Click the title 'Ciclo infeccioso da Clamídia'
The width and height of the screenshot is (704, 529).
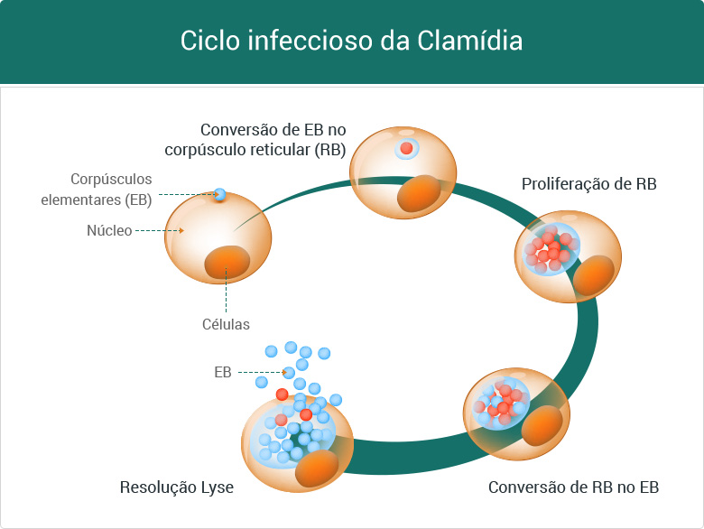pyautogui.click(x=351, y=42)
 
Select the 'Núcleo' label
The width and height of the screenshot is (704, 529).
pyautogui.click(x=108, y=230)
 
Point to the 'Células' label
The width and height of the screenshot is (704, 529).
pyautogui.click(x=227, y=324)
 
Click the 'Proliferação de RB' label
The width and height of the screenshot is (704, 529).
pyautogui.click(x=588, y=184)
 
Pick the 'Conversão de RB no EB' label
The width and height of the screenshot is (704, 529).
pyautogui.click(x=573, y=487)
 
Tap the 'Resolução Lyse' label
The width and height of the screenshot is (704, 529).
pyautogui.click(x=177, y=487)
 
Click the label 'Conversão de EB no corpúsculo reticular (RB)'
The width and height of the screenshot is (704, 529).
pyautogui.click(x=273, y=140)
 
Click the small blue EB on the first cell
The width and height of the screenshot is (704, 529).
pyautogui.click(x=219, y=193)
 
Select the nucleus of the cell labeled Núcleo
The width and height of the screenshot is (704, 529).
pyautogui.click(x=227, y=262)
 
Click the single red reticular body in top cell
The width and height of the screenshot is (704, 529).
pyautogui.click(x=407, y=148)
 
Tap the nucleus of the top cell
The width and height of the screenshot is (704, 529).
pyautogui.click(x=420, y=193)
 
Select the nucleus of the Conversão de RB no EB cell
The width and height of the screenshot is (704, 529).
pyautogui.click(x=542, y=425)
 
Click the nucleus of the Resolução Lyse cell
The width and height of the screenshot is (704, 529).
pyautogui.click(x=316, y=468)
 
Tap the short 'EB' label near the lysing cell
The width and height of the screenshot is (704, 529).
pyautogui.click(x=223, y=372)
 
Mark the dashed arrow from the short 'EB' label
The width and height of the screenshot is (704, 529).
pyautogui.click(x=262, y=372)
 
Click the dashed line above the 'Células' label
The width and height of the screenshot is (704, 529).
pyautogui.click(x=227, y=293)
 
